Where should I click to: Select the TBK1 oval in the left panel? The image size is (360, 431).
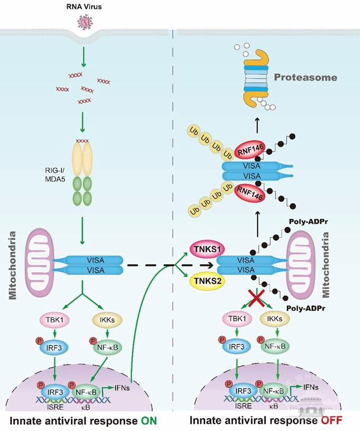pos(54,321)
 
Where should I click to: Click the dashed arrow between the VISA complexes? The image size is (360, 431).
pos(162,265)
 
